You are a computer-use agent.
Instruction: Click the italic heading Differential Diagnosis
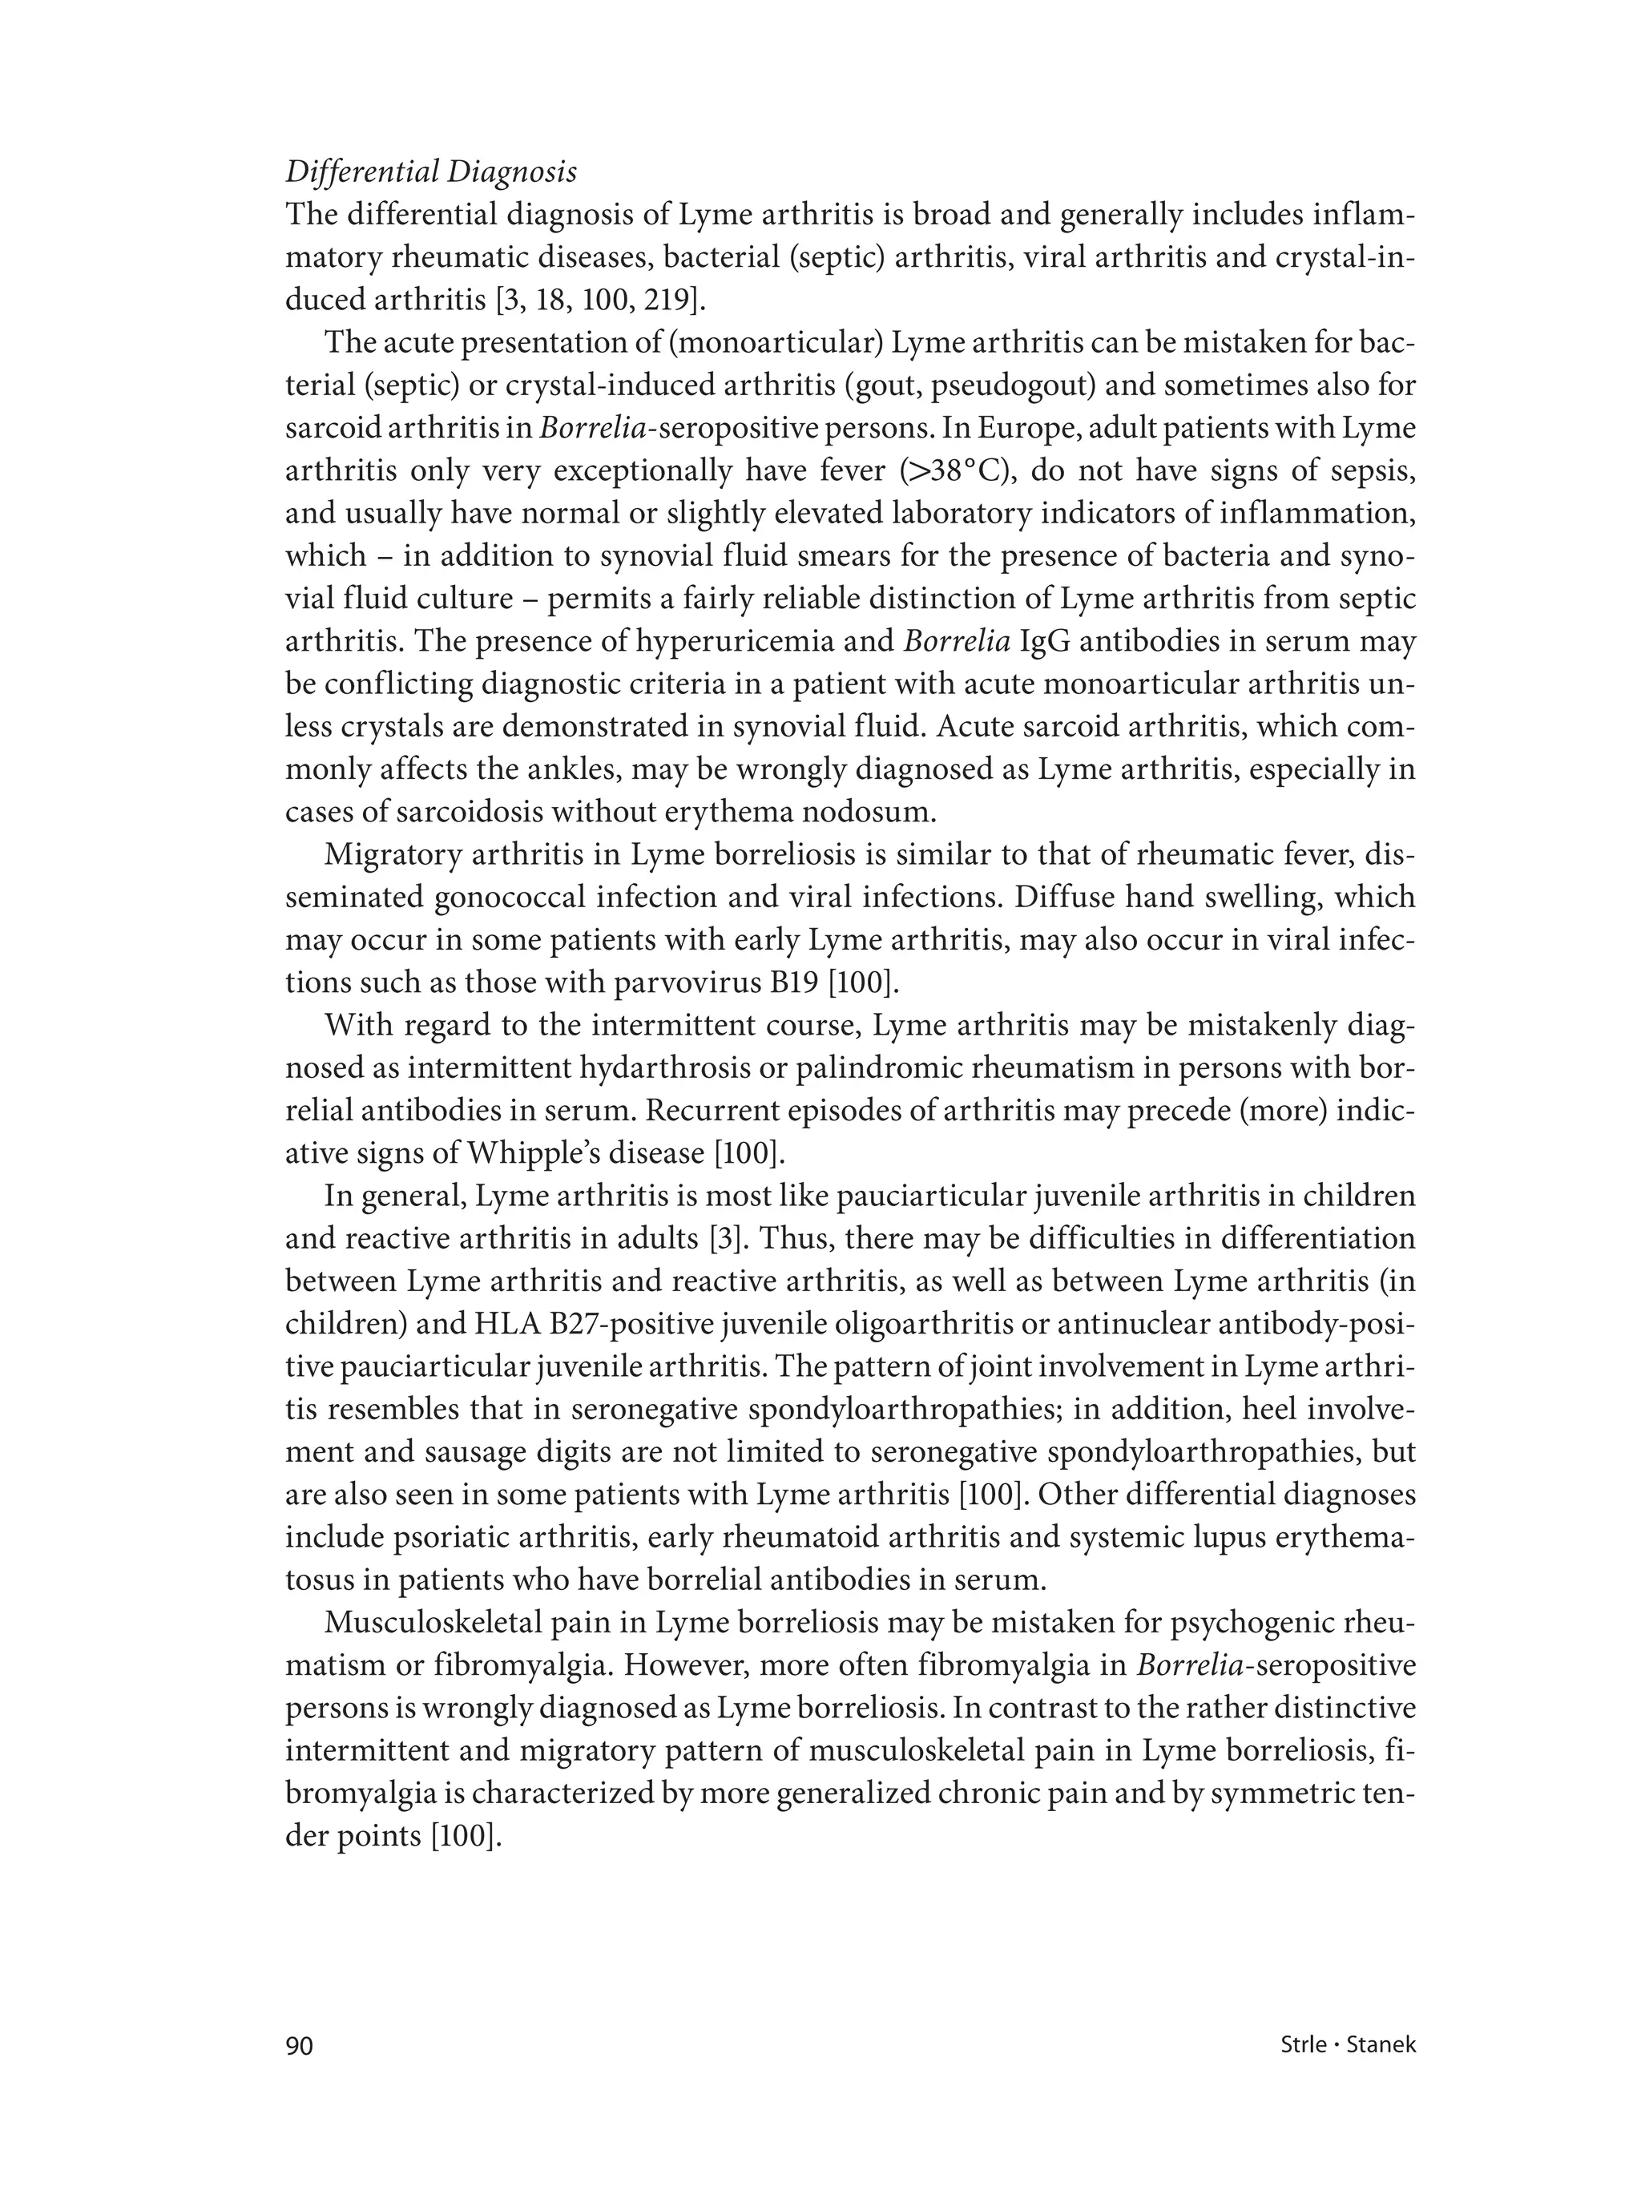point(430,171)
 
